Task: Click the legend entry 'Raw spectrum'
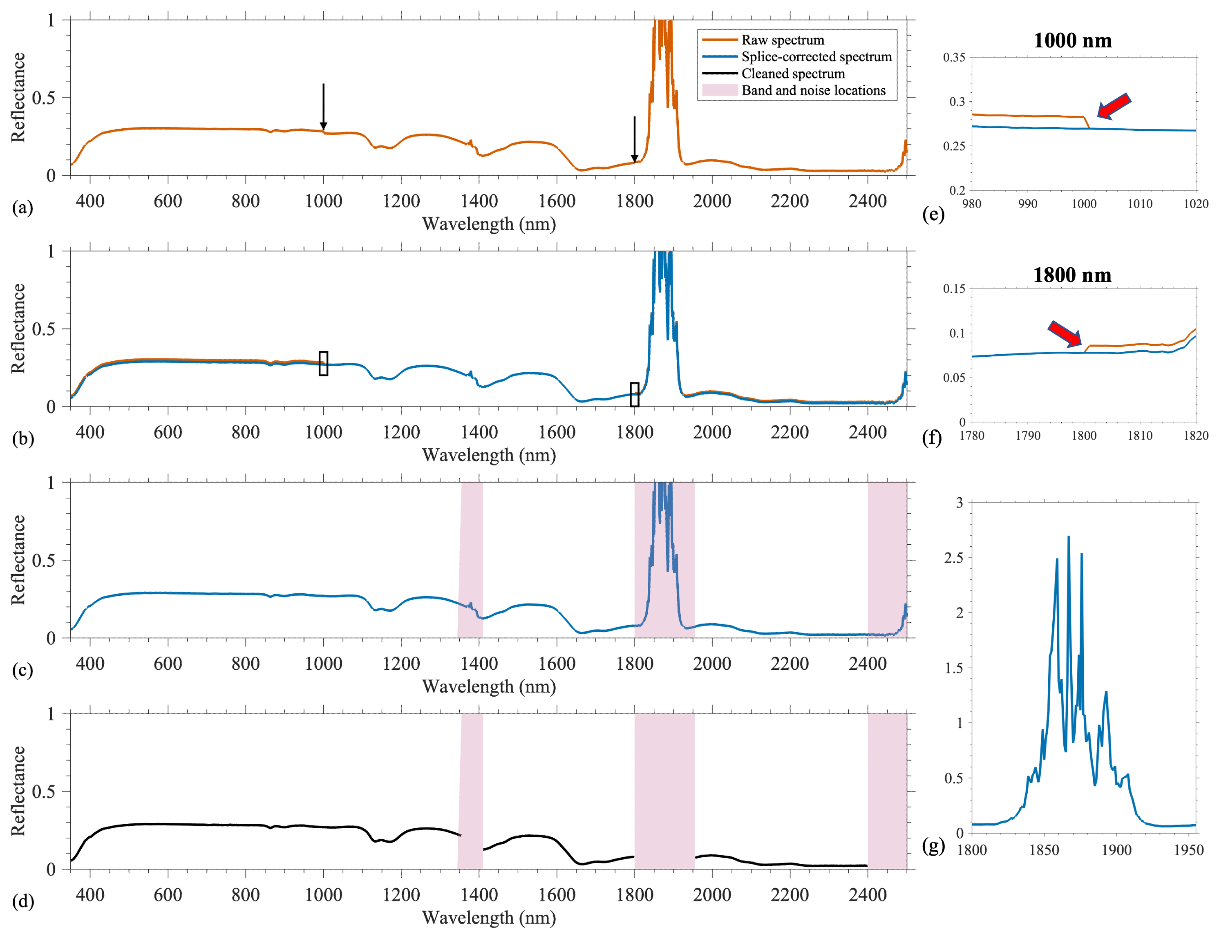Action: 783,40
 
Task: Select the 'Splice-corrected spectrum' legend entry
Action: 816,57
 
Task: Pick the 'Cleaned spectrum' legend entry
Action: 792,74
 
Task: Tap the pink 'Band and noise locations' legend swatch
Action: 720,90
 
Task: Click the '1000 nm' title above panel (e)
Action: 1072,41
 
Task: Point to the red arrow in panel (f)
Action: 1065,333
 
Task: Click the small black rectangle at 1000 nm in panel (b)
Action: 323,363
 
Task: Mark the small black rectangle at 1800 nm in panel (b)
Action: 634,395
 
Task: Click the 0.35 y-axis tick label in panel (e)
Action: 954,58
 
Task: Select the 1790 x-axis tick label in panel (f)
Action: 1028,436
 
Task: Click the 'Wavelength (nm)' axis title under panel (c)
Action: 489,686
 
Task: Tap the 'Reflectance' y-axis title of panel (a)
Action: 18,98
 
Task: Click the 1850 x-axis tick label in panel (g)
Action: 1044,850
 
